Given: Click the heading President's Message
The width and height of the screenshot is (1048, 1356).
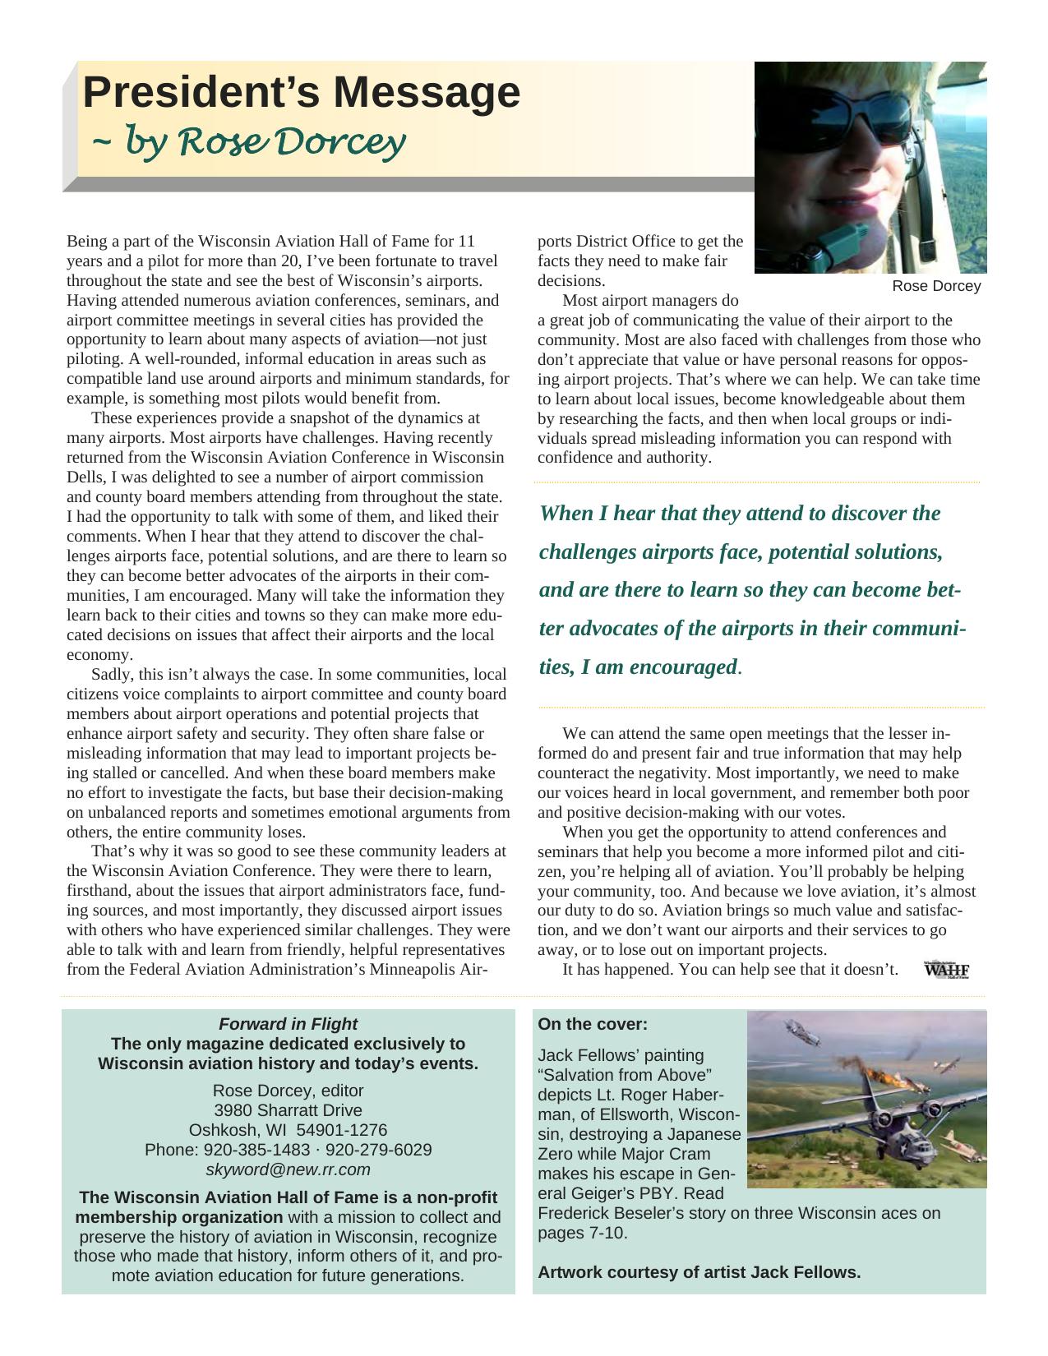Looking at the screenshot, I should tap(301, 92).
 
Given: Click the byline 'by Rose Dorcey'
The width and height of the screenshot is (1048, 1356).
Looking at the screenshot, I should tap(250, 143).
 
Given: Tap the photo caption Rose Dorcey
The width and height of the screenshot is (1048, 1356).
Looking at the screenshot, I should tap(936, 286).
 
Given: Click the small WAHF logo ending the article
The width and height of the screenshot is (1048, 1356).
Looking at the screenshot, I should tap(946, 969).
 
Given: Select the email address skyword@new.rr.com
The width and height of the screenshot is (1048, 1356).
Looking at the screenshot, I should tap(288, 1169).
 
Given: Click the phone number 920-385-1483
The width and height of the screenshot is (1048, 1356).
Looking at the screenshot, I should tap(256, 1150).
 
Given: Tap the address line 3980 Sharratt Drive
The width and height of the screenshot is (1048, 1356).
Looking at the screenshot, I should tap(288, 1110).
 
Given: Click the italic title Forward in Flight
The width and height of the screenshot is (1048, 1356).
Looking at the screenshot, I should tap(288, 1024).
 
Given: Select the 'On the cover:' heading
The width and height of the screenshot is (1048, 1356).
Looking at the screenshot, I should tap(593, 1025).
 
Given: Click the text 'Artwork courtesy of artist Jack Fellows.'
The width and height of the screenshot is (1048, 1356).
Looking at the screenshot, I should tap(699, 1272).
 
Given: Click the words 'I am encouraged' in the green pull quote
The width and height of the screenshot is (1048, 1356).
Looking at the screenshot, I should tap(658, 667).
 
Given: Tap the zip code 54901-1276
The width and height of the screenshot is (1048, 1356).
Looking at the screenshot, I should tap(342, 1130).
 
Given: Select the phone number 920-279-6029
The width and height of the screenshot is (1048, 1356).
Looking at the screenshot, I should tap(384, 1150).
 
